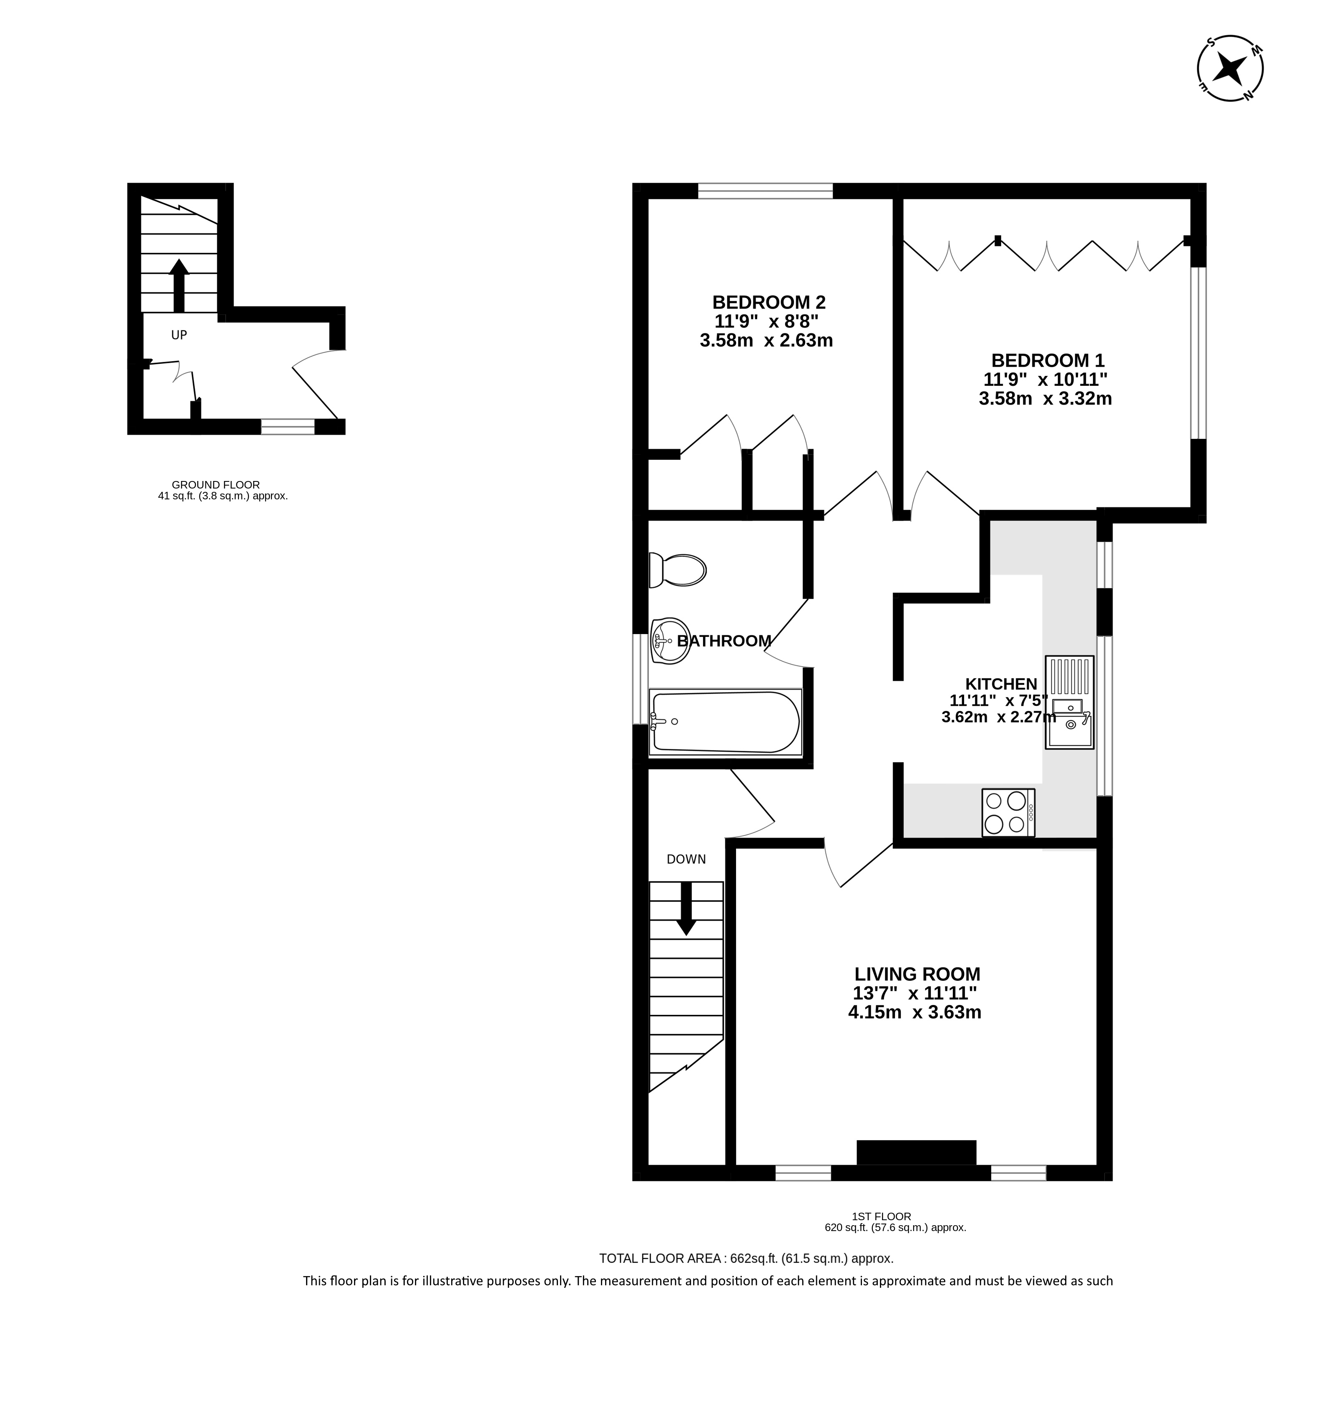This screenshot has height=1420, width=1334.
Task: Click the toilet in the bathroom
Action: (677, 570)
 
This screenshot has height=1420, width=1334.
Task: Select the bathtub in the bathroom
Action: (725, 722)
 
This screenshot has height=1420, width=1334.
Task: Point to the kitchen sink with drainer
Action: (1069, 702)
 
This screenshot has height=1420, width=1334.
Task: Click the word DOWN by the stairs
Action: (686, 859)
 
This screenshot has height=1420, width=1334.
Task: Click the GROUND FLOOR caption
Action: (216, 484)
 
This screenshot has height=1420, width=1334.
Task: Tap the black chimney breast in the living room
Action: (916, 1153)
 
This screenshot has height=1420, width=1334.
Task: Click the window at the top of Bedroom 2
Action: (765, 191)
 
